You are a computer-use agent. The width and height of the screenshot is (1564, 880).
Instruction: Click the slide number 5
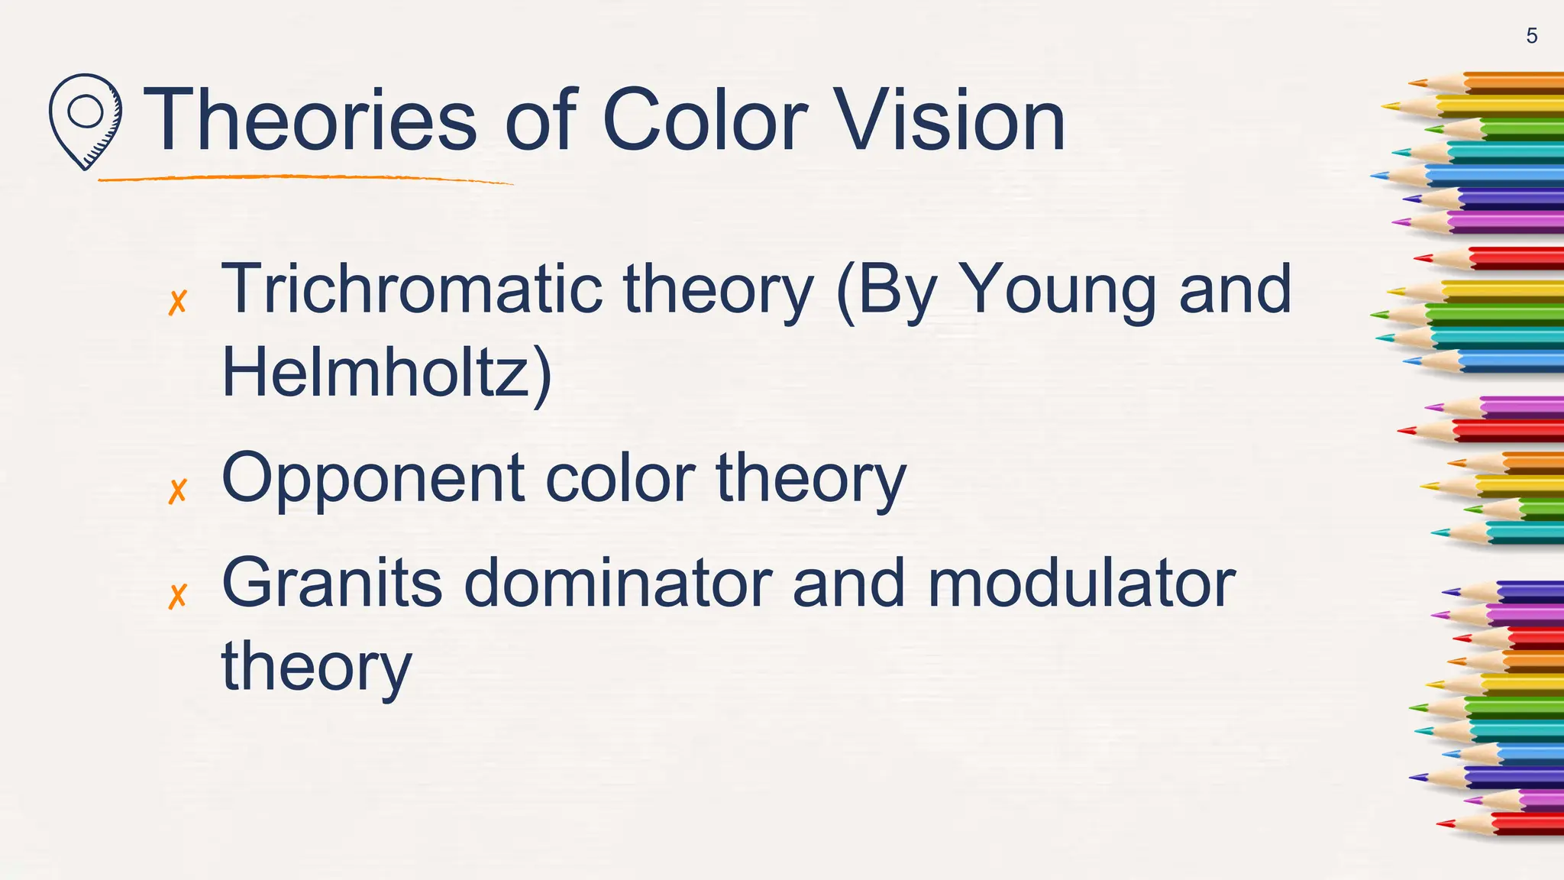pyautogui.click(x=1531, y=36)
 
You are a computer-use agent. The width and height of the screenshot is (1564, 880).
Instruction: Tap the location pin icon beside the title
pyautogui.click(x=85, y=121)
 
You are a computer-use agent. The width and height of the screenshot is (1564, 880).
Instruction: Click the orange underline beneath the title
pyautogui.click(x=305, y=179)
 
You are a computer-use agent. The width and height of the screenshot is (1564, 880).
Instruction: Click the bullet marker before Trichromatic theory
pyautogui.click(x=177, y=302)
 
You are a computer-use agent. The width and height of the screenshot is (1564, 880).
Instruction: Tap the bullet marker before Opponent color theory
pyautogui.click(x=177, y=491)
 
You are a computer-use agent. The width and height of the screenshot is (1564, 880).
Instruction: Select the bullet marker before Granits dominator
pyautogui.click(x=177, y=597)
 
